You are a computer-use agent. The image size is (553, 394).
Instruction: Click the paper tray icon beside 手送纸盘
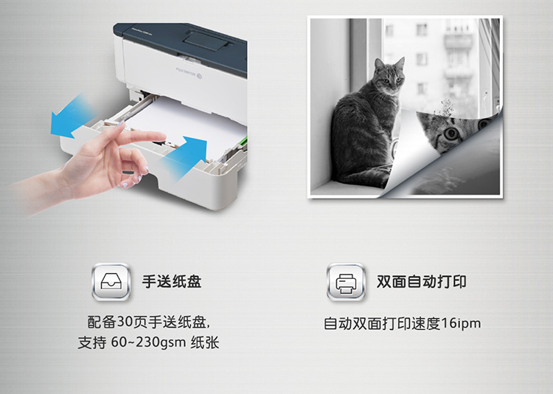pyautogui.click(x=111, y=282)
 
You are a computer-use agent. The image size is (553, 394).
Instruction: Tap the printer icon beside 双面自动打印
pyautogui.click(x=346, y=282)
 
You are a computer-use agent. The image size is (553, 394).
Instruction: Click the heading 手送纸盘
pyautogui.click(x=172, y=282)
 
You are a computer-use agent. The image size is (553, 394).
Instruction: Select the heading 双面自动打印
pyautogui.click(x=422, y=282)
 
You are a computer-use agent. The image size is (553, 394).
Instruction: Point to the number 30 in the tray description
pyautogui.click(x=125, y=322)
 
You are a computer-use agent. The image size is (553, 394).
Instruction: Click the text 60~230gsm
pyautogui.click(x=148, y=342)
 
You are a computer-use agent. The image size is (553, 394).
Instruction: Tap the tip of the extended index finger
pyautogui.click(x=163, y=136)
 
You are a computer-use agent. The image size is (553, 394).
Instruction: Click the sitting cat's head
pyautogui.click(x=389, y=76)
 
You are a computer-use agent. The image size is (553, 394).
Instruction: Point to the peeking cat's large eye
pyautogui.click(x=451, y=134)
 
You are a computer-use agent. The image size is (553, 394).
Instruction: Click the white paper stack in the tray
pyautogui.click(x=187, y=122)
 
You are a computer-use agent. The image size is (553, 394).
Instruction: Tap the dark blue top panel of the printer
pyautogui.click(x=184, y=42)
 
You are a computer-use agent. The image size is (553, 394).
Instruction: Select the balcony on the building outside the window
pyautogui.click(x=459, y=41)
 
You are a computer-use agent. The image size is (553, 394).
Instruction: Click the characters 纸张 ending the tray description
pyautogui.click(x=205, y=342)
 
